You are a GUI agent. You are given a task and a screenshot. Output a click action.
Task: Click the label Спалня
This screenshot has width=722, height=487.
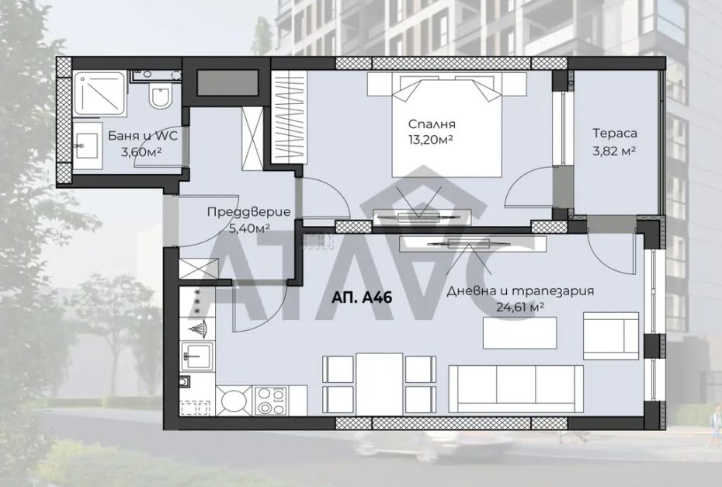point(432,124)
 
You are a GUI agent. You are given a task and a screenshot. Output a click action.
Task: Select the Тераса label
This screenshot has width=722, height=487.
point(615,133)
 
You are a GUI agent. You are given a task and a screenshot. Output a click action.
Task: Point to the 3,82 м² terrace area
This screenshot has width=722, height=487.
point(615,150)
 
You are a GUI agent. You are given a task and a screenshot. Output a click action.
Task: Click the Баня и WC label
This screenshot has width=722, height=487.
point(142,136)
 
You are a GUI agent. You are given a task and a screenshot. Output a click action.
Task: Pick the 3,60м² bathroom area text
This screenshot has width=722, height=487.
point(141,151)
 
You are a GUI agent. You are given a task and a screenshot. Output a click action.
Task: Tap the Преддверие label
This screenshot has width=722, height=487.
point(248,212)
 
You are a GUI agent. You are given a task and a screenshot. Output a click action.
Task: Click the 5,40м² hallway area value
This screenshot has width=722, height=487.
point(249,228)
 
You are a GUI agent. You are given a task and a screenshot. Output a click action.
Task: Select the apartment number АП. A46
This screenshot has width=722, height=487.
point(362,297)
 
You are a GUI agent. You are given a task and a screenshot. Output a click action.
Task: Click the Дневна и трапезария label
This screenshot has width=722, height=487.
point(520,291)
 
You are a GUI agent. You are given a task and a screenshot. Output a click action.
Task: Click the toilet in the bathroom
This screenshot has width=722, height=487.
point(160,96)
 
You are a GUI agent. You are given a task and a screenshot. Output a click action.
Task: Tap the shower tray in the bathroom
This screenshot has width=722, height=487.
point(100,93)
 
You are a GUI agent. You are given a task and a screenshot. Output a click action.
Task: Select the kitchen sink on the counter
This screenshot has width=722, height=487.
point(197,356)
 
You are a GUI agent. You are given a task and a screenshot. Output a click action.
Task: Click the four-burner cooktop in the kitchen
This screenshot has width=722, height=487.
point(271,401)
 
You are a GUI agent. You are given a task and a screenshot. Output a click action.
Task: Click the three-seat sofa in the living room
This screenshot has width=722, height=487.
point(515,389)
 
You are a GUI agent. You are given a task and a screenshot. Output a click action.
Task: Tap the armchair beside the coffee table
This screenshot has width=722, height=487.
point(611,336)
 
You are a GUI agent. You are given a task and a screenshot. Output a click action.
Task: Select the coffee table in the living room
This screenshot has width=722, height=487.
point(520,332)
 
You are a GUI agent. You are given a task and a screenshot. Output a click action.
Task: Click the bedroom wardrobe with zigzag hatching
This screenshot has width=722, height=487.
point(289,117)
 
